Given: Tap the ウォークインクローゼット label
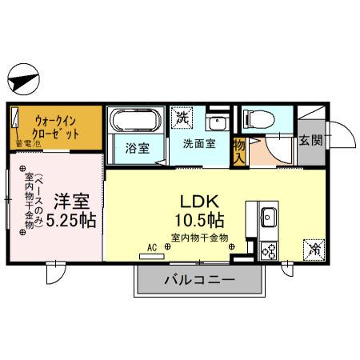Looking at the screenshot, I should click(55, 125).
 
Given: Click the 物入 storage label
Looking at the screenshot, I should click(238, 150).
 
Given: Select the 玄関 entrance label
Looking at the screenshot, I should click(310, 141).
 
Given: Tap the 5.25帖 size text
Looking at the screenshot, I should click(72, 219).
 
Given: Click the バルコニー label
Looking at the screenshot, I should click(199, 280).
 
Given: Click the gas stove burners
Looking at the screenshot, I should click(269, 251).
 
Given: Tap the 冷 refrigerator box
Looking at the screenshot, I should click(314, 249).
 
